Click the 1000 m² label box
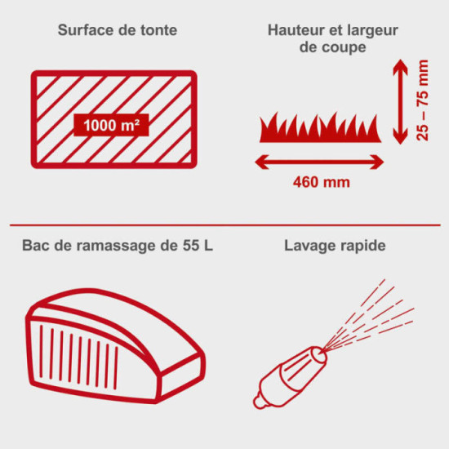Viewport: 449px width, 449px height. point(111,125)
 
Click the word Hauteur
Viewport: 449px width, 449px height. point(296,30)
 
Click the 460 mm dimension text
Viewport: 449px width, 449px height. point(322,182)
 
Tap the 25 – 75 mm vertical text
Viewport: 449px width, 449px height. point(423,100)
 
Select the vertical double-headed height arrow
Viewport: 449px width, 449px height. point(400,102)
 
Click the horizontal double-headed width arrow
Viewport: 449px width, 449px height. point(319,162)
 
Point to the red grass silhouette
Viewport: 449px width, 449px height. point(320,128)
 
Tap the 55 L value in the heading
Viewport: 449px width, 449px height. point(198,246)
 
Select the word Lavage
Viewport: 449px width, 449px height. point(310,247)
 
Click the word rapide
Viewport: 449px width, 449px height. point(362,247)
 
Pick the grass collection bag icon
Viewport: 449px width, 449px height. point(115,346)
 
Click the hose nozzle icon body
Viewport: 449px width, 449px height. point(290,378)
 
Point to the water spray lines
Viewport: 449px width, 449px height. point(369,314)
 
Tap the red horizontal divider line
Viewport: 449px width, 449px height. point(225,225)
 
